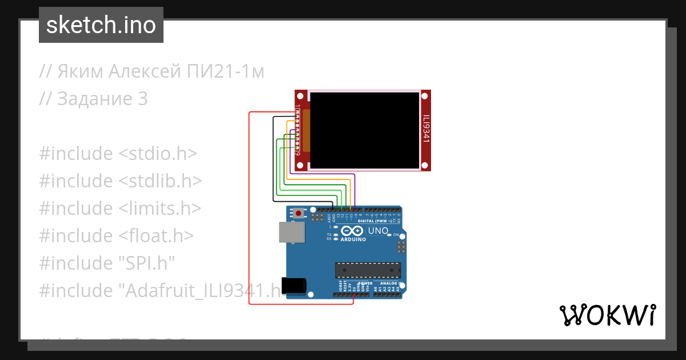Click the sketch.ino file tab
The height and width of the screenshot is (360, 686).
101,25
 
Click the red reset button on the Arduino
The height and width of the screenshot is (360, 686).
298,214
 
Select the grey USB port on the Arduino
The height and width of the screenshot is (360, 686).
292,232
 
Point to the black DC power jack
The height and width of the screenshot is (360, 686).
294,286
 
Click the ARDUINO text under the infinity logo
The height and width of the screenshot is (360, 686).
353,239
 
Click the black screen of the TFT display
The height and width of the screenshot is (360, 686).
365,130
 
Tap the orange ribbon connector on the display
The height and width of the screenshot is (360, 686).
306,131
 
